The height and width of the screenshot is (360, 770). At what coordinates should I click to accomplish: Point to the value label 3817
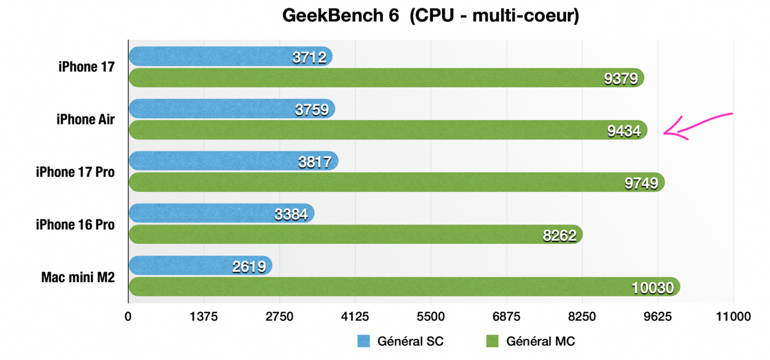[314, 162]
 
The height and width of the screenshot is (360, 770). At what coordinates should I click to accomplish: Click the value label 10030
[652, 288]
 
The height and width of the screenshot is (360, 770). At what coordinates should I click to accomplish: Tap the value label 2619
[249, 266]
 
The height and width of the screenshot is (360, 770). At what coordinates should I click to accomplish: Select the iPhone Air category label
[85, 119]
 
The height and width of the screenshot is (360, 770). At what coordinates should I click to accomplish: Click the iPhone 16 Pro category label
[75, 225]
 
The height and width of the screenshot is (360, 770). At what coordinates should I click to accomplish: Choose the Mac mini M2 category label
[78, 277]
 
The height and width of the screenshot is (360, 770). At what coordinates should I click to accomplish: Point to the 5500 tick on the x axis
[431, 316]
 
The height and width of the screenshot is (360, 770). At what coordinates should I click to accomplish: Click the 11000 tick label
[733, 316]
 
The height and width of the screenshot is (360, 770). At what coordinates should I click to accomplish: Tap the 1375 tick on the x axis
[204, 316]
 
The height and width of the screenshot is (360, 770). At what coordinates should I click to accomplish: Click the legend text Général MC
[540, 341]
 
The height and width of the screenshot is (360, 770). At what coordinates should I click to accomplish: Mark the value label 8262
[560, 236]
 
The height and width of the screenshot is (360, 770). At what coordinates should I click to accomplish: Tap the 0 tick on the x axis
[128, 316]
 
